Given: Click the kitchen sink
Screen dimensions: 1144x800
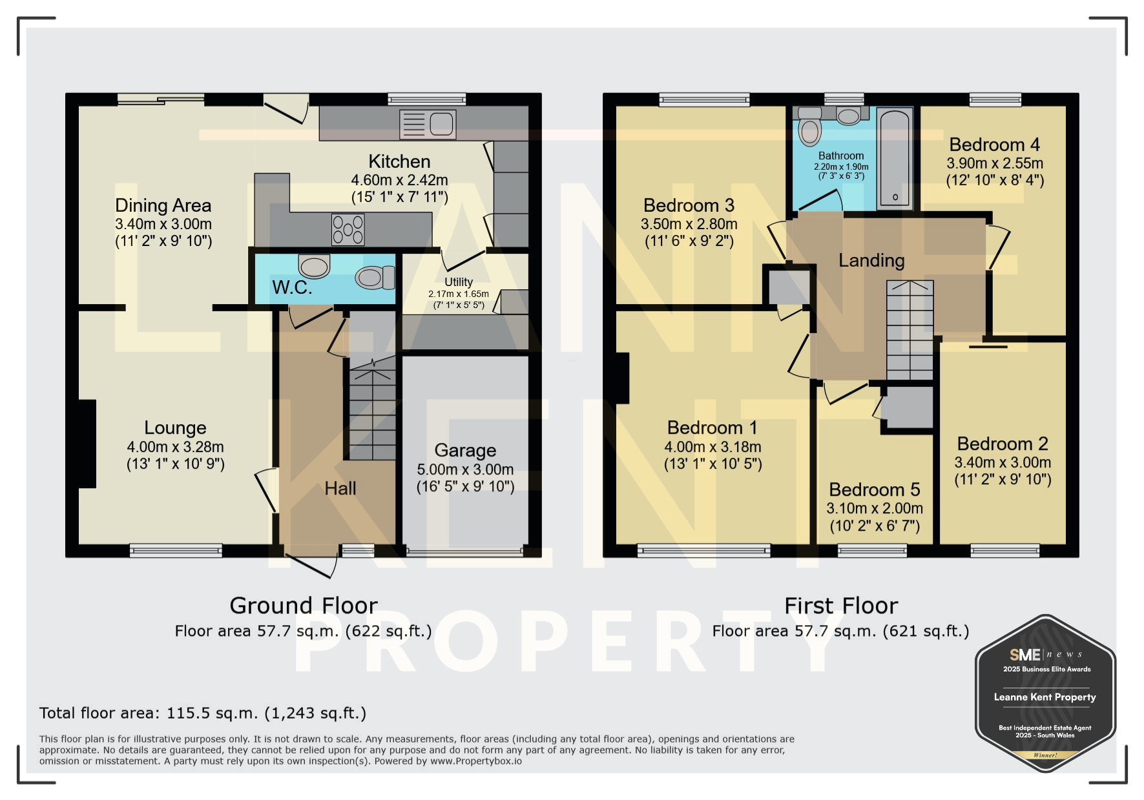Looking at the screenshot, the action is point(428,124).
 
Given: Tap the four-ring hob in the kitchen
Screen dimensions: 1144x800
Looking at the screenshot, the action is point(348,230).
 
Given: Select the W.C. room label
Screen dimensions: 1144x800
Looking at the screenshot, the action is point(292,287).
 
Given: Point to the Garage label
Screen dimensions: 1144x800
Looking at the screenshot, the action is point(465,450).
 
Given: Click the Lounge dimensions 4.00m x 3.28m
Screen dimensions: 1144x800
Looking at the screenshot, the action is point(175,447).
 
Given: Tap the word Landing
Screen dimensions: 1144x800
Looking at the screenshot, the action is point(871,260).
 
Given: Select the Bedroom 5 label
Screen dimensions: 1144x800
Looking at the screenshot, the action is point(875,489).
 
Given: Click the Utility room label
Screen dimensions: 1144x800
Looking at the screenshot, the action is point(459,282).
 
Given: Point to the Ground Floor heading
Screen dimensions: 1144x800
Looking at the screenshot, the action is point(304,606).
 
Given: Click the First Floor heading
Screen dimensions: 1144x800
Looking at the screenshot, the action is point(841,606).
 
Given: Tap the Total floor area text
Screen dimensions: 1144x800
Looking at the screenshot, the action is point(203,713).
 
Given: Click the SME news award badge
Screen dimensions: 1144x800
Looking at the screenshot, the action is point(1045,693).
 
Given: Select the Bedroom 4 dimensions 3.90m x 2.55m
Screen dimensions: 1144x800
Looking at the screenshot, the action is point(995,163).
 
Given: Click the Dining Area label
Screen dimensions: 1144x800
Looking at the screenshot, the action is point(163,205).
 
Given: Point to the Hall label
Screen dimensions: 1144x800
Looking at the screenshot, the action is point(340,488).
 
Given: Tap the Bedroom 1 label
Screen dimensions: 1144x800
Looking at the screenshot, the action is point(712,427).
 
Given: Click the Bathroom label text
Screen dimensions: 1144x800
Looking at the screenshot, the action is point(841,156).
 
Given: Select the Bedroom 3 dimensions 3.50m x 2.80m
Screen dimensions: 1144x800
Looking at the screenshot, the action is point(689,224).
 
